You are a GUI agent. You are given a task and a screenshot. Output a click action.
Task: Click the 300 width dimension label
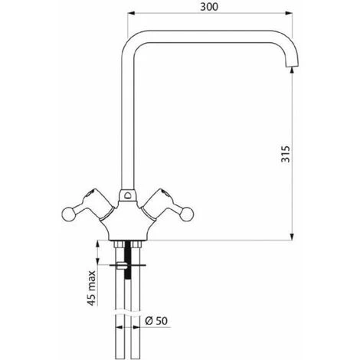[x=209, y=7]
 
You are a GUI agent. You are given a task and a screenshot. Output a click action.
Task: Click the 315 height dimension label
[x=286, y=154]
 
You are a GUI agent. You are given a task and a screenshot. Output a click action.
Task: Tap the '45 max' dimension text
[x=92, y=288]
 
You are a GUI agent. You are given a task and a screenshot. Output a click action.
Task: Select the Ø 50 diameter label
[x=156, y=321]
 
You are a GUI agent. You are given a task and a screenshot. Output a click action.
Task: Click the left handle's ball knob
[x=68, y=214]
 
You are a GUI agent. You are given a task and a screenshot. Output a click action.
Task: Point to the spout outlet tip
[x=291, y=67]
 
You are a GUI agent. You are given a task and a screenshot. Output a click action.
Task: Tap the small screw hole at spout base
[x=127, y=195]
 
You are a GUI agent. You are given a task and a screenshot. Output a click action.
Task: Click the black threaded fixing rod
[x=127, y=260]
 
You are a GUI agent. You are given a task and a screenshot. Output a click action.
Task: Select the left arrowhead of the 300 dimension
[x=131, y=13]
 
